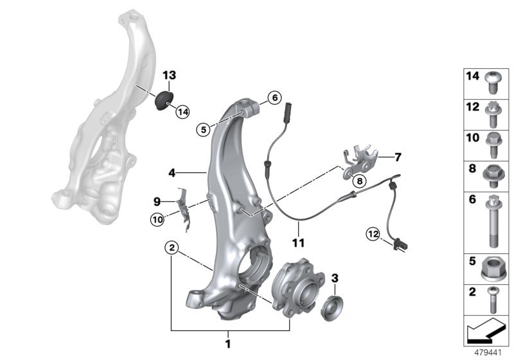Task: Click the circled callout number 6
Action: (273, 98)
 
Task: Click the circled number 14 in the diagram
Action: (183, 111)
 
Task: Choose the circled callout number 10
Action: (158, 219)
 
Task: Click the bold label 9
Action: (157, 201)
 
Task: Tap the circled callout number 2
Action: (171, 247)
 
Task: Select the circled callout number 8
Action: (359, 181)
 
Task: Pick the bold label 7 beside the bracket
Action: (398, 156)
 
